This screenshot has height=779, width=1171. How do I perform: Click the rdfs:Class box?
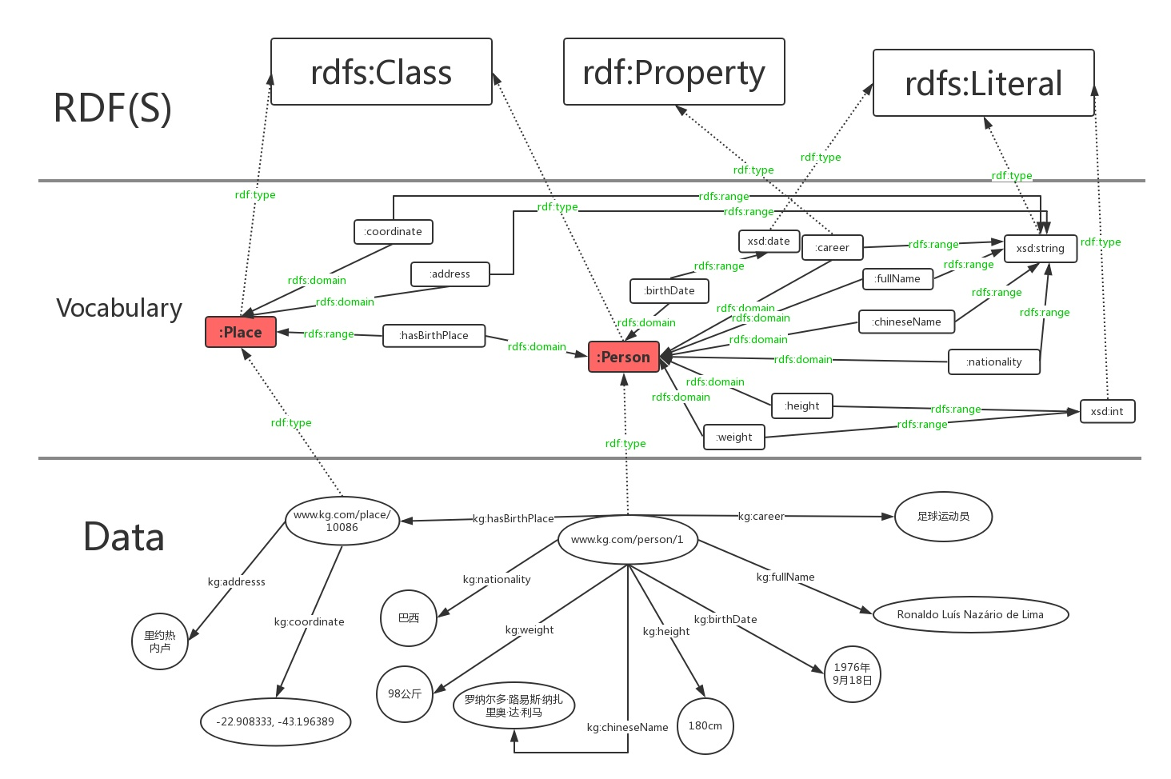click(381, 72)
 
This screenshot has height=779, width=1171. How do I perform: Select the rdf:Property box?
click(673, 72)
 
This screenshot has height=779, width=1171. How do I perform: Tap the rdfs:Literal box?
click(983, 83)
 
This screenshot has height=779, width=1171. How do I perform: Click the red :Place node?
click(241, 332)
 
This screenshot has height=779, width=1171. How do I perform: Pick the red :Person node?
click(624, 357)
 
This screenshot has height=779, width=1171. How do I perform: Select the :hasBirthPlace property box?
click(434, 335)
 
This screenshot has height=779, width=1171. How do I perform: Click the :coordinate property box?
click(393, 232)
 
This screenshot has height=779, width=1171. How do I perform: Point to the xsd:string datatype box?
click(1040, 248)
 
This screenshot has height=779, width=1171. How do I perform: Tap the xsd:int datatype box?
click(1107, 411)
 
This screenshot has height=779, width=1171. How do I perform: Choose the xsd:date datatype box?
click(769, 241)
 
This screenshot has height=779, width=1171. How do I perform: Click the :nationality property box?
click(993, 362)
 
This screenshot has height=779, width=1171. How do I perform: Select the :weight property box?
click(734, 437)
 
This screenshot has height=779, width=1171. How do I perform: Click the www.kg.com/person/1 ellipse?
click(627, 540)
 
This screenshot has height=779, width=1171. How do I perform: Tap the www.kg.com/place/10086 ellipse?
click(342, 521)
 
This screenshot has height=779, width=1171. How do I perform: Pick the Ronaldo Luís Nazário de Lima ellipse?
click(970, 614)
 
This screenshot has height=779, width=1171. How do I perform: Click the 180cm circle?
click(705, 725)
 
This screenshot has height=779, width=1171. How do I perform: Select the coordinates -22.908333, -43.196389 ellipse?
click(275, 721)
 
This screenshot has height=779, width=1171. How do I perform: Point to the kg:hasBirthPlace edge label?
click(513, 518)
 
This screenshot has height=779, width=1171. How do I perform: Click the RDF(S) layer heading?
click(113, 108)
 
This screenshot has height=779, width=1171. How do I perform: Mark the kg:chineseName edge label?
click(627, 727)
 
